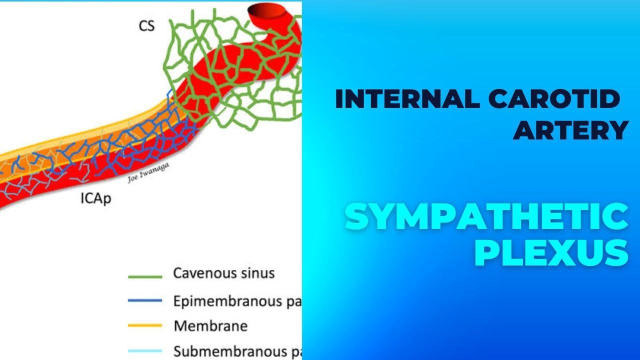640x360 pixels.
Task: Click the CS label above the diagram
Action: (146, 26)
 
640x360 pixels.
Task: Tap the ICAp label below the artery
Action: (95, 199)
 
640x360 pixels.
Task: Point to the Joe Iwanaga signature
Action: (148, 173)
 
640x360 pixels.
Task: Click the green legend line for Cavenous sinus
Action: (145, 276)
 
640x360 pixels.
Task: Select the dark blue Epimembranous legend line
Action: (145, 301)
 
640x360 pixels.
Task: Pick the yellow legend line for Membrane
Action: (145, 326)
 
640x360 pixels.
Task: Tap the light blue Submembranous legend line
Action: (145, 351)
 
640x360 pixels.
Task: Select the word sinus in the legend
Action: (259, 273)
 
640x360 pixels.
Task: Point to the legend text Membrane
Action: (210, 326)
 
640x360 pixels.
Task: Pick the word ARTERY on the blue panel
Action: (570, 130)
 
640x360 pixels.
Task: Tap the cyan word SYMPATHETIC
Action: (486, 217)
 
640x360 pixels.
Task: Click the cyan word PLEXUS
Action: (550, 252)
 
